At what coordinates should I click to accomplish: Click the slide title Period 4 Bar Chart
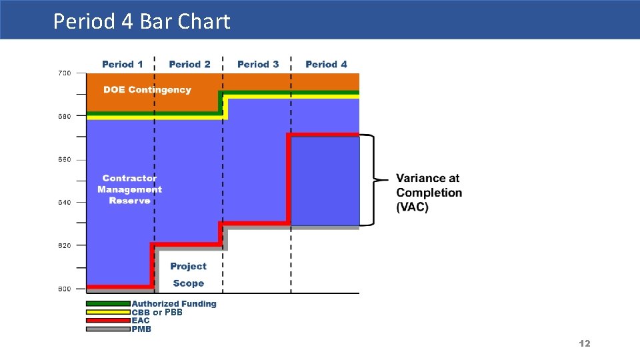(141, 21)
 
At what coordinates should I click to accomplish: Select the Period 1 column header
(122, 64)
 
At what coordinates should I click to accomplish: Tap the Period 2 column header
(189, 64)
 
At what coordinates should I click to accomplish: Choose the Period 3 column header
(258, 64)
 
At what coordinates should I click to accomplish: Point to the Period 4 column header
(326, 64)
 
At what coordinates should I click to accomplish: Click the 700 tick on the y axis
(64, 73)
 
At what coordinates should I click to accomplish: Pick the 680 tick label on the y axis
(64, 116)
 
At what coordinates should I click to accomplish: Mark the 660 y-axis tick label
(64, 159)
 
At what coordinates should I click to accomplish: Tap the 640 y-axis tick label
(64, 202)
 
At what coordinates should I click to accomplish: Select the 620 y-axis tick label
(64, 245)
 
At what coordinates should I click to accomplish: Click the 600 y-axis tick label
(64, 289)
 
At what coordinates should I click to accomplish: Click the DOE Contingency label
(147, 89)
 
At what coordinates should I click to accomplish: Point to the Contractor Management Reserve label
(129, 189)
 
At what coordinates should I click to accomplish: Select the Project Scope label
(188, 275)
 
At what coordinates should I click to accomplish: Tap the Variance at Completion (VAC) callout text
(429, 193)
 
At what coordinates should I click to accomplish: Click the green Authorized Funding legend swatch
(108, 303)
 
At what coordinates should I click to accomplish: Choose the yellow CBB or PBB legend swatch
(108, 312)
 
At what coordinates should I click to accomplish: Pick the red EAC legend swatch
(108, 320)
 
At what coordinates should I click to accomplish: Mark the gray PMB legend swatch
(108, 329)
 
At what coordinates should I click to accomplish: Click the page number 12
(585, 343)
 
